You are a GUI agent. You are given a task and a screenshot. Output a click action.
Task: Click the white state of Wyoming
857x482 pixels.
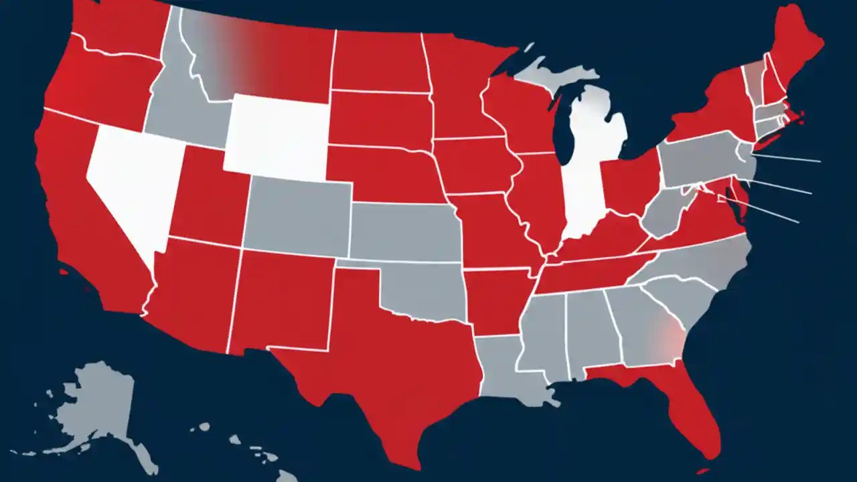(277, 137)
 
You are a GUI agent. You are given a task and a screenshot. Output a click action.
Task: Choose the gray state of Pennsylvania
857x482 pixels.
(696, 157)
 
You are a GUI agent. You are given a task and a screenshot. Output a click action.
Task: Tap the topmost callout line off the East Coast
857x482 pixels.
(790, 159)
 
